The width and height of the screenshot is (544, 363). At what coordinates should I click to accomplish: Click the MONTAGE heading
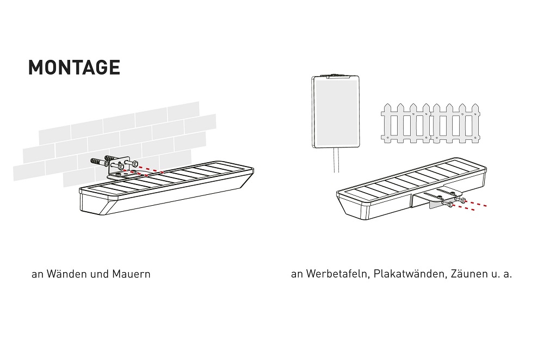[x=74, y=67]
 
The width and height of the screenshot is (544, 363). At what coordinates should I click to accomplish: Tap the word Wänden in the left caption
[x=66, y=274]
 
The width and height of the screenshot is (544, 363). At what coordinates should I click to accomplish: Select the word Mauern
[x=131, y=274]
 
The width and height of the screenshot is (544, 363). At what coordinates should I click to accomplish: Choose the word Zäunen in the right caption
[x=469, y=274]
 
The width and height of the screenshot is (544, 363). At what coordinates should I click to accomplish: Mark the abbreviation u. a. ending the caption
[x=502, y=274]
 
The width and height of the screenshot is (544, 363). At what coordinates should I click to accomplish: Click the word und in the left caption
[x=100, y=274]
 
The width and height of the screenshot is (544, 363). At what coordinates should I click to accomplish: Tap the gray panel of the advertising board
[x=336, y=112]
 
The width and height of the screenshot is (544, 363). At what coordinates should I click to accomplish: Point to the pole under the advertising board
[x=336, y=160]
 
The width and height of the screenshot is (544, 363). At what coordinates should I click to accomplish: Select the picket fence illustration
[x=430, y=123]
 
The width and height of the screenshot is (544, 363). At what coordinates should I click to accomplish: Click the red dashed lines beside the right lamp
[x=471, y=205]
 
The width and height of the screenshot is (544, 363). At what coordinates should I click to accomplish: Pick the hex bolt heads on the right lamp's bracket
[x=456, y=202]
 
